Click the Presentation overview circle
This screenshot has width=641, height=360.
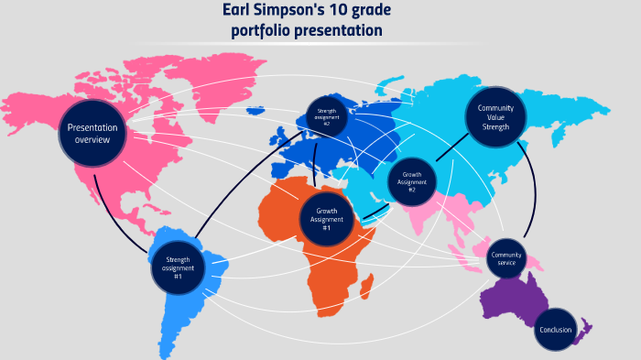[x=92, y=134]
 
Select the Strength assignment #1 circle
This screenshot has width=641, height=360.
[x=177, y=267]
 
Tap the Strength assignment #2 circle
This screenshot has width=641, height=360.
[x=327, y=118]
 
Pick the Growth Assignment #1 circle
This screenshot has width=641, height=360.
[x=327, y=220]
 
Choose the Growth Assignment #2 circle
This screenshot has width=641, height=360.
[x=412, y=182]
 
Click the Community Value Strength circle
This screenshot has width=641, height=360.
[x=495, y=118]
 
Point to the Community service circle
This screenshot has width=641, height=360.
[x=505, y=258]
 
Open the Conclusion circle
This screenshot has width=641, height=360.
[x=555, y=330]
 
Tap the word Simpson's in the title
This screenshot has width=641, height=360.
[x=297, y=11]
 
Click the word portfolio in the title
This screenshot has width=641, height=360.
[x=260, y=31]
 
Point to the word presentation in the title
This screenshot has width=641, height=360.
[x=338, y=31]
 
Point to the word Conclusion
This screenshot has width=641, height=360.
[x=555, y=330]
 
